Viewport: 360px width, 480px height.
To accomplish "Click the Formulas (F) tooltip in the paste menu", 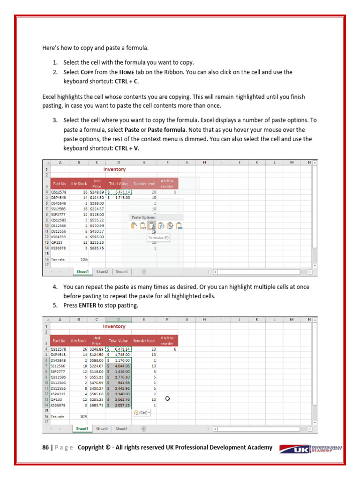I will click(159, 238).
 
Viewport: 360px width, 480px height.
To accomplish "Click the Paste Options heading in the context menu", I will click(143, 217).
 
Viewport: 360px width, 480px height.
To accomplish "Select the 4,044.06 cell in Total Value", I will click(120, 366).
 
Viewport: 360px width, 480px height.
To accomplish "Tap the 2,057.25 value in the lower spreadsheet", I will click(120, 405).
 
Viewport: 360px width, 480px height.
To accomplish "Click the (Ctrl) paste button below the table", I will click(142, 413).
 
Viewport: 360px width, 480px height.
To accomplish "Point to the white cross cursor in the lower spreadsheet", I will click(167, 398).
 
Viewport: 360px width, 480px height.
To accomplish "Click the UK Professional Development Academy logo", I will click(310, 448).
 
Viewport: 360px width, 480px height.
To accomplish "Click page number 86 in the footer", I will click(45, 448).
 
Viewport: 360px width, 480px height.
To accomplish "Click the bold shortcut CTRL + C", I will click(123, 81).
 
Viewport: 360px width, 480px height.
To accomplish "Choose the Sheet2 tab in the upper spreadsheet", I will click(102, 271).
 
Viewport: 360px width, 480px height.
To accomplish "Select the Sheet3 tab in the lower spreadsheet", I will click(122, 428).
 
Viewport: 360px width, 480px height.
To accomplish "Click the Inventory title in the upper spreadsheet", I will click(114, 169).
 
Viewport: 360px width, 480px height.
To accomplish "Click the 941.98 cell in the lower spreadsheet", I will click(120, 382).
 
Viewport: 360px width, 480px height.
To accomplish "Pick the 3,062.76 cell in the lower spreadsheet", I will click(120, 399).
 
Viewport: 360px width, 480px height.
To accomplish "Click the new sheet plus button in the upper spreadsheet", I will click(144, 271).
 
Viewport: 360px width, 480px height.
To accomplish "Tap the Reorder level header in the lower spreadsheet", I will click(144, 341).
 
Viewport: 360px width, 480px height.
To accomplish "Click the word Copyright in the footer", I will click(91, 448).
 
